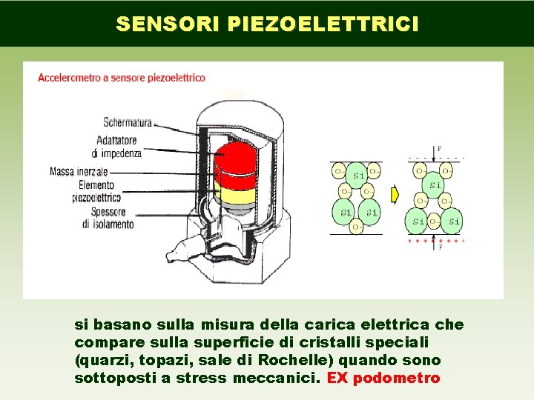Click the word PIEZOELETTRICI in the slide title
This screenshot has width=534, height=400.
(x=323, y=24)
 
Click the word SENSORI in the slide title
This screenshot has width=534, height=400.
(x=168, y=24)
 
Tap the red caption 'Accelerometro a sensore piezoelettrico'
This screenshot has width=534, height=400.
(x=122, y=77)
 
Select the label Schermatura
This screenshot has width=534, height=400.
(x=128, y=122)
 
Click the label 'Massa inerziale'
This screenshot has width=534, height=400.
(x=79, y=172)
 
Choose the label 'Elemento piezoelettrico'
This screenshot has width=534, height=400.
(x=96, y=192)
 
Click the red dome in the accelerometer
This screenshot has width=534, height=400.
(x=235, y=159)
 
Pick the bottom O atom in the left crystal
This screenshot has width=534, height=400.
(x=356, y=225)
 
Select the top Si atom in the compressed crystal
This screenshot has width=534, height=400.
(x=435, y=184)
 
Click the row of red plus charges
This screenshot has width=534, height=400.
(x=436, y=241)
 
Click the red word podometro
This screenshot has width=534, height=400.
(x=397, y=379)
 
